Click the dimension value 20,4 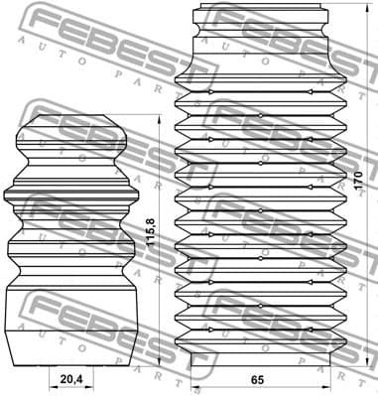click(70, 378)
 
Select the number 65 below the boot click(257, 378)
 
